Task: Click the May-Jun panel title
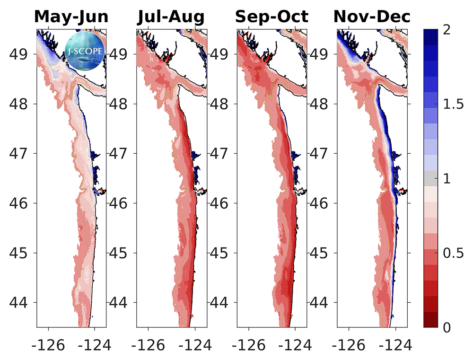(71, 17)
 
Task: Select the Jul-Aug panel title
(171, 17)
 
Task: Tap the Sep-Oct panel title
(272, 17)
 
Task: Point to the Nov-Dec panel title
(372, 17)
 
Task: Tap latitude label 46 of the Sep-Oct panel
(220, 203)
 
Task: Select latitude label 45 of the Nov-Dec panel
(321, 253)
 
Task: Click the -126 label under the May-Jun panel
(49, 345)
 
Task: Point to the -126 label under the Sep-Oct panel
(249, 345)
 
